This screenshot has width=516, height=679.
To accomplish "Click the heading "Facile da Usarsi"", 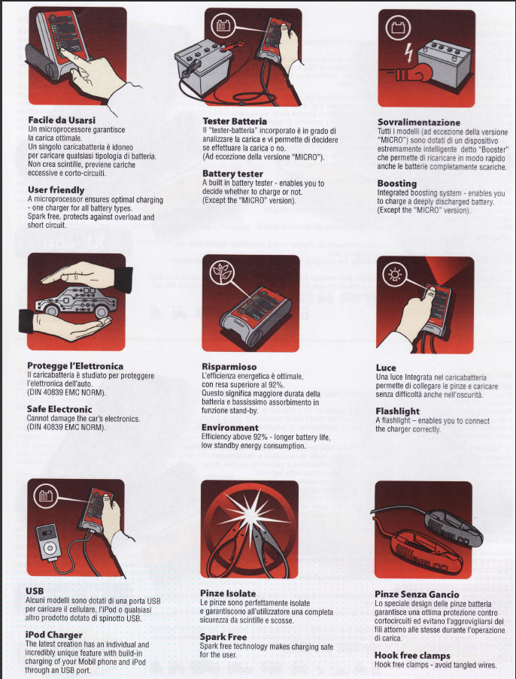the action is click(62, 120).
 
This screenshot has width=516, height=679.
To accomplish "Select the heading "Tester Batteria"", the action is click(235, 121).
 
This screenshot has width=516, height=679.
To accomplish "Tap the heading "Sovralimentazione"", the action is click(418, 123).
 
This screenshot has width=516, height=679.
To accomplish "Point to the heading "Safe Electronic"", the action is click(59, 409).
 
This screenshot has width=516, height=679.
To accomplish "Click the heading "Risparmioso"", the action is click(229, 367).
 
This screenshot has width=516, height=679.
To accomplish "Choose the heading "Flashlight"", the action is click(397, 411).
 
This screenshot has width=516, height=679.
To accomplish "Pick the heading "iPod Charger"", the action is click(53, 635).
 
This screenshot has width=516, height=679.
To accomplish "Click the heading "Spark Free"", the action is click(223, 637).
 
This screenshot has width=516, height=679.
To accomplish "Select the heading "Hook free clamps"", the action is click(412, 655).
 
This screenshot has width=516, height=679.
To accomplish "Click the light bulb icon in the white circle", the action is click(395, 274).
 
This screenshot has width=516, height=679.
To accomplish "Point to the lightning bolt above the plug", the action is click(408, 53).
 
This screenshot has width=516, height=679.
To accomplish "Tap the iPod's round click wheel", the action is click(50, 548).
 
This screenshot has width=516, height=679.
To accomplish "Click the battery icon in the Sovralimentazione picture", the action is click(398, 28).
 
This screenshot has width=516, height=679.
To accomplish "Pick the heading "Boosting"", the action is click(396, 183).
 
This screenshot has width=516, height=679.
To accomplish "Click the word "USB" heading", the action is click(35, 591).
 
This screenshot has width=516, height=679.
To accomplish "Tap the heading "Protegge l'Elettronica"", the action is click(75, 366).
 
